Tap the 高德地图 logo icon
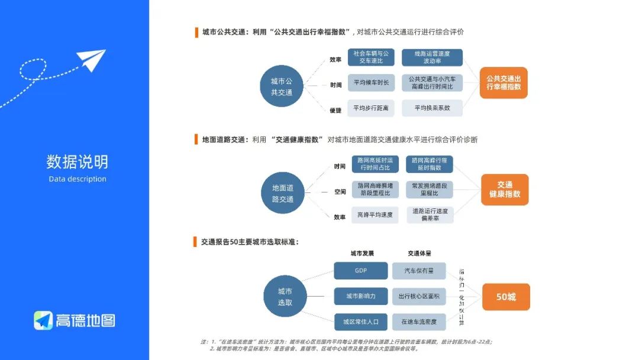[x=43, y=320]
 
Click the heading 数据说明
[x=78, y=162]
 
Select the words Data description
[x=78, y=179]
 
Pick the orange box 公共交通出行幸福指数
[x=504, y=82]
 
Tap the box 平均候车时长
[x=371, y=83]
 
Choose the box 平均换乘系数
[x=432, y=108]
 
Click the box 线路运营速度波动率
[x=432, y=57]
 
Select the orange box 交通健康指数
[x=504, y=189]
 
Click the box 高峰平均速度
[x=375, y=214]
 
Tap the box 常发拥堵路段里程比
[x=430, y=189]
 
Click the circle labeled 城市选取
[x=285, y=297]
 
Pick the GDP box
[x=360, y=271]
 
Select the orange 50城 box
[x=505, y=297]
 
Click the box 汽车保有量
[x=419, y=271]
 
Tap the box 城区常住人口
[x=360, y=322]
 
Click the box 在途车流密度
[x=419, y=322]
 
